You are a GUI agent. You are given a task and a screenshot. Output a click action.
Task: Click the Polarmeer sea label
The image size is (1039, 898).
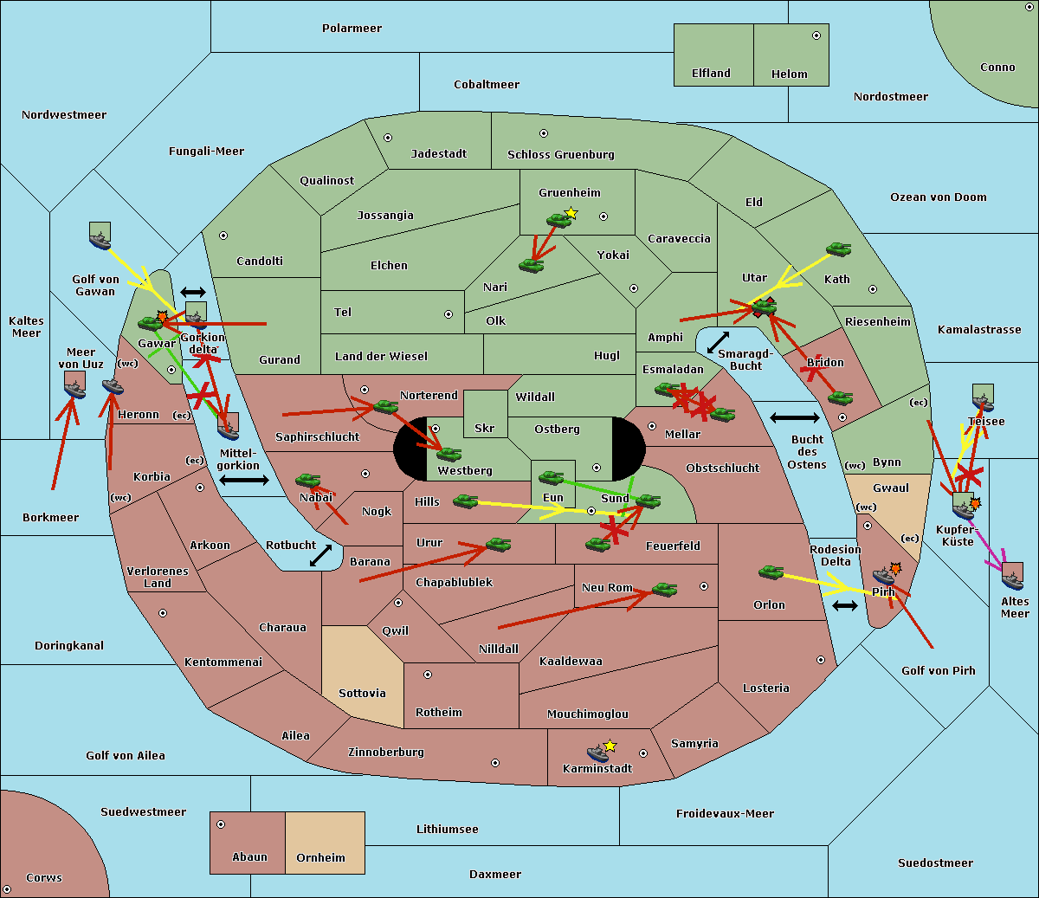[352, 29]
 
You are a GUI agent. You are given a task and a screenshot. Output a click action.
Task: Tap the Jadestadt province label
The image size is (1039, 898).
[439, 154]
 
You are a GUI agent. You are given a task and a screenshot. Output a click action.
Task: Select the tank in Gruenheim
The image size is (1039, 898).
[559, 221]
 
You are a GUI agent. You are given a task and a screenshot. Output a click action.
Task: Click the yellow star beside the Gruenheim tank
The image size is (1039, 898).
[571, 213]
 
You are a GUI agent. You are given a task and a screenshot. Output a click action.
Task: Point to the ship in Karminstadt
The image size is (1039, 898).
[597, 753]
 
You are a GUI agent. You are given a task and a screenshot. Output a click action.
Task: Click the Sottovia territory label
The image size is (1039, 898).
[362, 694]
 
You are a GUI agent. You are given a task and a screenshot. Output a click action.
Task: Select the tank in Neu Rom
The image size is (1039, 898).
[664, 589]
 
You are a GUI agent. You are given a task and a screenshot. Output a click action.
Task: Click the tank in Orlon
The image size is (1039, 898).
[771, 572]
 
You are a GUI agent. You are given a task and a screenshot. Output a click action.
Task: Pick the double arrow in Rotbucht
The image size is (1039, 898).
[320, 556]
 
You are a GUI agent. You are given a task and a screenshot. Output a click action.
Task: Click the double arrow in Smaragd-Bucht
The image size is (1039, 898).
[718, 342]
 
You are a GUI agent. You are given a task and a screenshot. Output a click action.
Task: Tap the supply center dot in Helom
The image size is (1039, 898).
[816, 36]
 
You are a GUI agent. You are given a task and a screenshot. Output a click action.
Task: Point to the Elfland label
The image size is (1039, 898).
[711, 74]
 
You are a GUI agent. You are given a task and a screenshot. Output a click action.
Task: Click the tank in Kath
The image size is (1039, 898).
[838, 249]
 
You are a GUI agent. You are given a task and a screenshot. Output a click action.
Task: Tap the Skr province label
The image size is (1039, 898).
[484, 428]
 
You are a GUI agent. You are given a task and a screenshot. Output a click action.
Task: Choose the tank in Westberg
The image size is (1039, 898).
[449, 455]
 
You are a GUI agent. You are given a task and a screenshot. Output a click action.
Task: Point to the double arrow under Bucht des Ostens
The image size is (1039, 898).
[795, 417]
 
